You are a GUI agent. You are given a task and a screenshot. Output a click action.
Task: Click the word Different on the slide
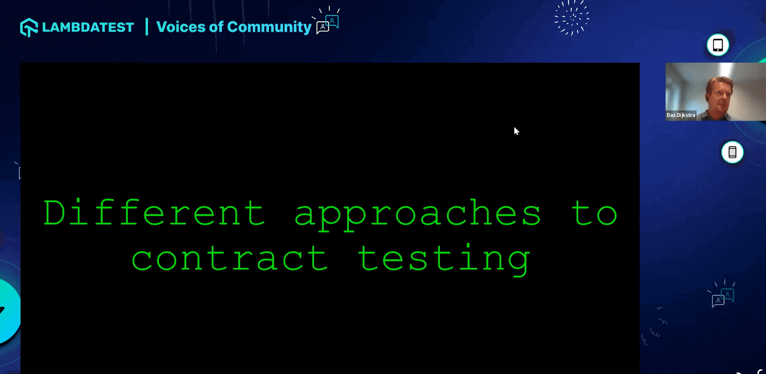(x=154, y=213)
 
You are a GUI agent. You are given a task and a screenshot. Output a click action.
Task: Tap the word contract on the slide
(x=229, y=259)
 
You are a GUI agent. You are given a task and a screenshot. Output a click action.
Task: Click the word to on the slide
(x=594, y=213)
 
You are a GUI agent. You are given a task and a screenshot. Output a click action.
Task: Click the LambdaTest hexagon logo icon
(x=29, y=27)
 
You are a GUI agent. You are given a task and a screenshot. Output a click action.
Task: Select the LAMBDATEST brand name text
(x=88, y=27)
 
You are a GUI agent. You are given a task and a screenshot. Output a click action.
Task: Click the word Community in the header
(x=269, y=27)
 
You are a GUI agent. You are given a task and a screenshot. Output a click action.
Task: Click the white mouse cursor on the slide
(x=516, y=131)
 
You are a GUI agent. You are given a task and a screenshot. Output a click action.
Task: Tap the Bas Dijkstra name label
(x=681, y=115)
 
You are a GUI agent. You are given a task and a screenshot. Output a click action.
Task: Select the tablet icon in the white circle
(x=718, y=45)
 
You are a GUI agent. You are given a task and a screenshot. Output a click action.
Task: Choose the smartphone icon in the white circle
(x=732, y=152)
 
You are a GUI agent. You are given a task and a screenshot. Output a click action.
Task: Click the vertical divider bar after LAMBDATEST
(x=146, y=27)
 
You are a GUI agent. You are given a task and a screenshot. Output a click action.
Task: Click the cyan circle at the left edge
(x=7, y=311)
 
